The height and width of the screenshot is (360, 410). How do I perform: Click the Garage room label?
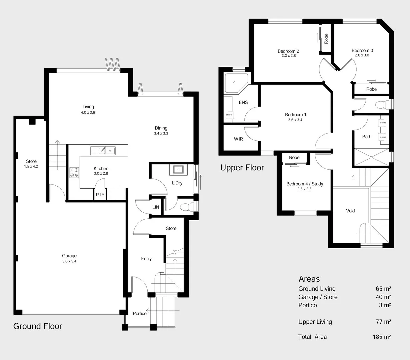coord(69,256)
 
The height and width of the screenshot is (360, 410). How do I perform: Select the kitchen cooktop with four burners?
coord(74,172)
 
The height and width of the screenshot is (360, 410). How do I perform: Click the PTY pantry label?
coord(100,195)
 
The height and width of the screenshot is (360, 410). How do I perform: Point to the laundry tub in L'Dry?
coord(179,170)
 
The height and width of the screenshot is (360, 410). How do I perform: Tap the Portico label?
coord(139,313)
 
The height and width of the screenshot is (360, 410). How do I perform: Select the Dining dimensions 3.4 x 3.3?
coord(161,133)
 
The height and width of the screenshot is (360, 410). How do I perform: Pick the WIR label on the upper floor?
coord(238,139)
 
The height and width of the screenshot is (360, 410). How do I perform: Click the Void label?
coord(350,211)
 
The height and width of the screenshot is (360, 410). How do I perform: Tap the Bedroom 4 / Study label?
coord(305,184)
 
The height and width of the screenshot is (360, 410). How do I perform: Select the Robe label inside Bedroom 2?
coord(326,38)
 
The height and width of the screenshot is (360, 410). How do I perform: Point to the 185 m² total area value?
coord(382,337)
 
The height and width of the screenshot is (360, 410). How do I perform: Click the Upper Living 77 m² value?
coord(383,322)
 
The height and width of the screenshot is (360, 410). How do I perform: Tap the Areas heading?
coord(309,279)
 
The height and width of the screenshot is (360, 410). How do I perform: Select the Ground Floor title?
coord(38,326)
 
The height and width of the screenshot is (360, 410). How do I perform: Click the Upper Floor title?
coord(242,168)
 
